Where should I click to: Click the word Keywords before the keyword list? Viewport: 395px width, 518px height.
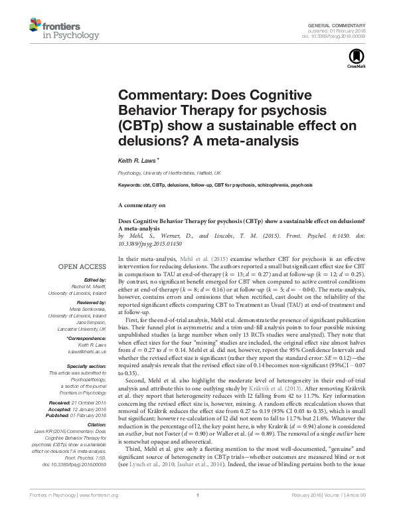130,184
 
